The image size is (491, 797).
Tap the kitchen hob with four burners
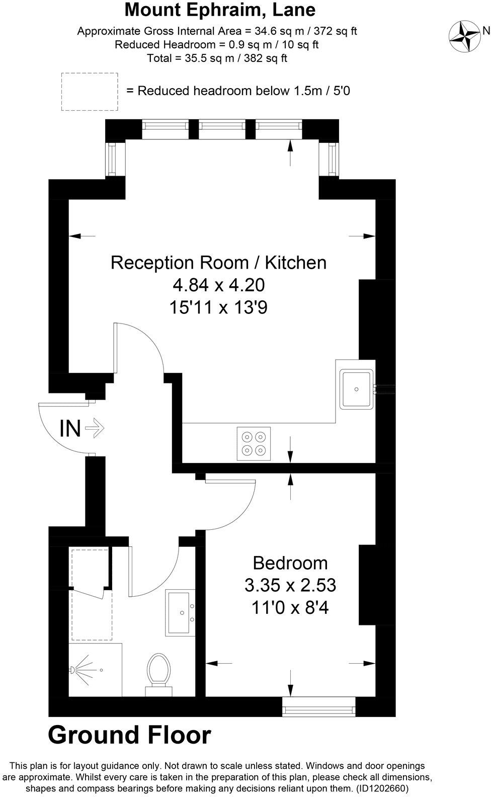pyautogui.click(x=254, y=443)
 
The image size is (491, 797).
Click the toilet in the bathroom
pyautogui.click(x=158, y=673)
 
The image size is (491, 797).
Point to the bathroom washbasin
pyautogui.click(x=180, y=612)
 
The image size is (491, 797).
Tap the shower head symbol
pyautogui.click(x=74, y=670)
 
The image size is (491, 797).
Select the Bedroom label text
pyautogui.click(x=290, y=563)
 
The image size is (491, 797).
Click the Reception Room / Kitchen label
pyautogui.click(x=218, y=263)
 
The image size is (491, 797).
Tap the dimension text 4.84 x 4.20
pyautogui.click(x=218, y=285)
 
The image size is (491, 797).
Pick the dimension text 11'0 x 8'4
pyautogui.click(x=290, y=608)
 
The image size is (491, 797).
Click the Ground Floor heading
pyautogui.click(x=129, y=735)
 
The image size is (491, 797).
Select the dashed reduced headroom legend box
pyautogui.click(x=89, y=92)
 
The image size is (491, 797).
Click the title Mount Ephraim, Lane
pyautogui.click(x=220, y=10)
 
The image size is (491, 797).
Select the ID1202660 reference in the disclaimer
pyautogui.click(x=382, y=788)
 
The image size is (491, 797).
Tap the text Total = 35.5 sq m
pyautogui.click(x=217, y=58)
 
